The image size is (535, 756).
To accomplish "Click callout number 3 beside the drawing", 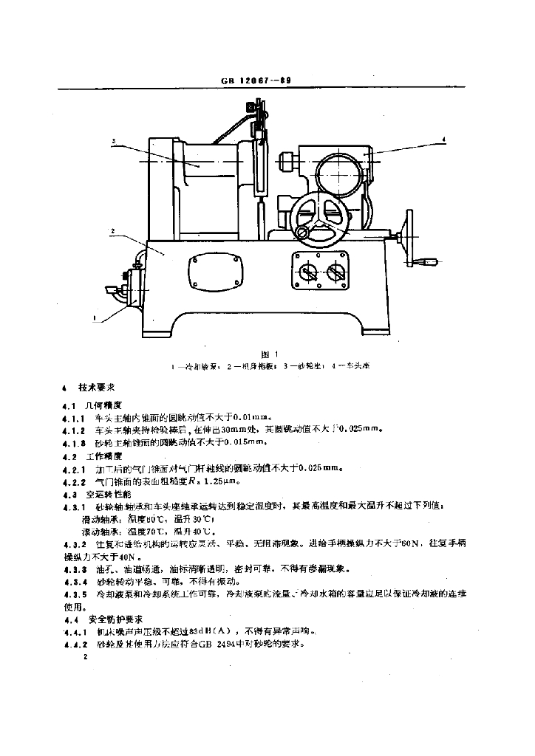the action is point(115,140).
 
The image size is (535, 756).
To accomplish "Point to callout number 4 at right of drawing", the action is point(443,138).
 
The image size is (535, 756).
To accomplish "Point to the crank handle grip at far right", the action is point(428,261).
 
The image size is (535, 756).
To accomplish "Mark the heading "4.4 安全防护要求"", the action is point(104,619).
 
